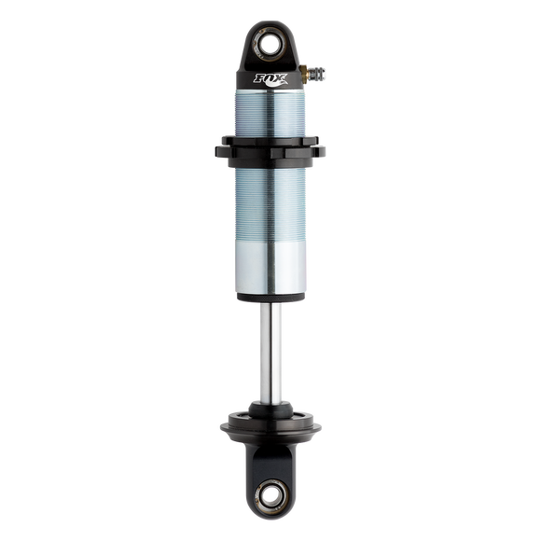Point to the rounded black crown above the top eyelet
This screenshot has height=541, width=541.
click(x=270, y=22)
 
